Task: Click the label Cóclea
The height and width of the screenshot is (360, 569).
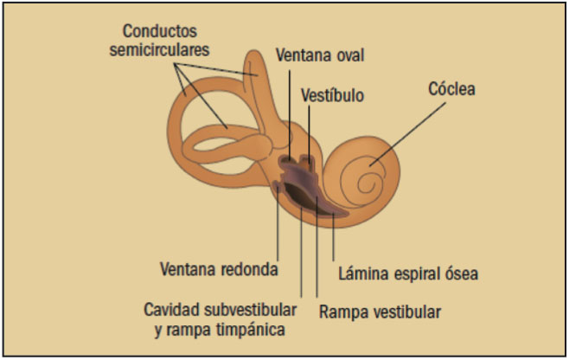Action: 452,89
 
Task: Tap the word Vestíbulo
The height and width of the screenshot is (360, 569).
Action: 333,93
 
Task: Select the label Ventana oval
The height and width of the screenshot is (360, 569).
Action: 320,55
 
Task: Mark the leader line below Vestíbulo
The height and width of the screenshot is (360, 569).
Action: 310,130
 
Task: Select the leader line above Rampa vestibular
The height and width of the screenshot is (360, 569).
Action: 320,260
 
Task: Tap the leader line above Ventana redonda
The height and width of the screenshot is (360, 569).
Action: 278,225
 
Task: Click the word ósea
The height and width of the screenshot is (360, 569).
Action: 459,274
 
